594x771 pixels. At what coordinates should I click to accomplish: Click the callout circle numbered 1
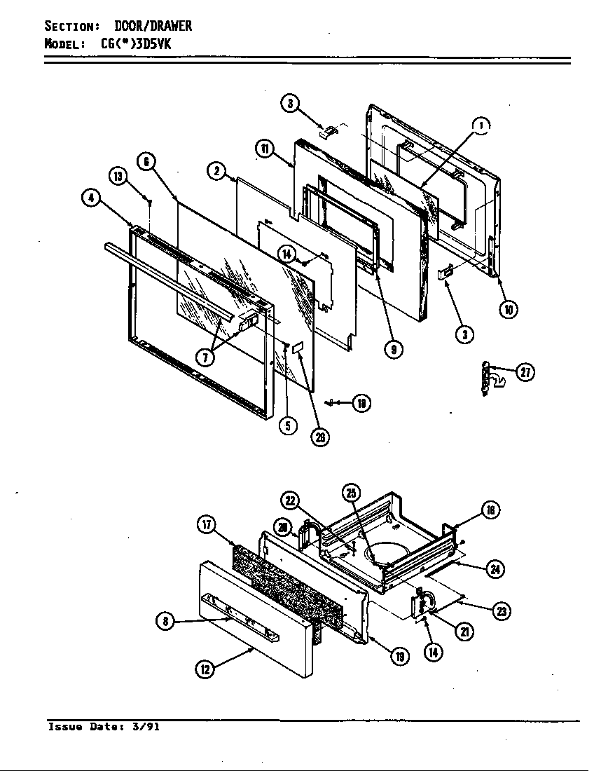tap(481, 125)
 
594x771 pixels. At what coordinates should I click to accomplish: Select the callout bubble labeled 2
tap(216, 171)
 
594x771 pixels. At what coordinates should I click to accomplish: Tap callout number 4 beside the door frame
tap(90, 198)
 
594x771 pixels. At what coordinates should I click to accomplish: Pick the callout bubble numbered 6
tap(145, 161)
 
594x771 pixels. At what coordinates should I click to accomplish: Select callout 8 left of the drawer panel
tap(165, 621)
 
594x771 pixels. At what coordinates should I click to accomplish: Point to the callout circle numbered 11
tap(264, 149)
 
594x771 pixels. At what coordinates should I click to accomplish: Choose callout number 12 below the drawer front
tap(205, 669)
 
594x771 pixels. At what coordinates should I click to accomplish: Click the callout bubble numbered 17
tap(207, 524)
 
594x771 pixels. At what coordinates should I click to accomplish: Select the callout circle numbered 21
tap(463, 632)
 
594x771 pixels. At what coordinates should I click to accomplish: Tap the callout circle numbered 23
tap(502, 611)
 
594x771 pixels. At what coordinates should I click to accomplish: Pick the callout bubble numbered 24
tap(495, 569)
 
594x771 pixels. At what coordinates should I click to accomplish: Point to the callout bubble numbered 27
tap(525, 373)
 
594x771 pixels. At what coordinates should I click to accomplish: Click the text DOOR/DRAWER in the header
tap(153, 26)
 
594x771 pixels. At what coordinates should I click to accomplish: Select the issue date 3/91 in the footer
tap(145, 727)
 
